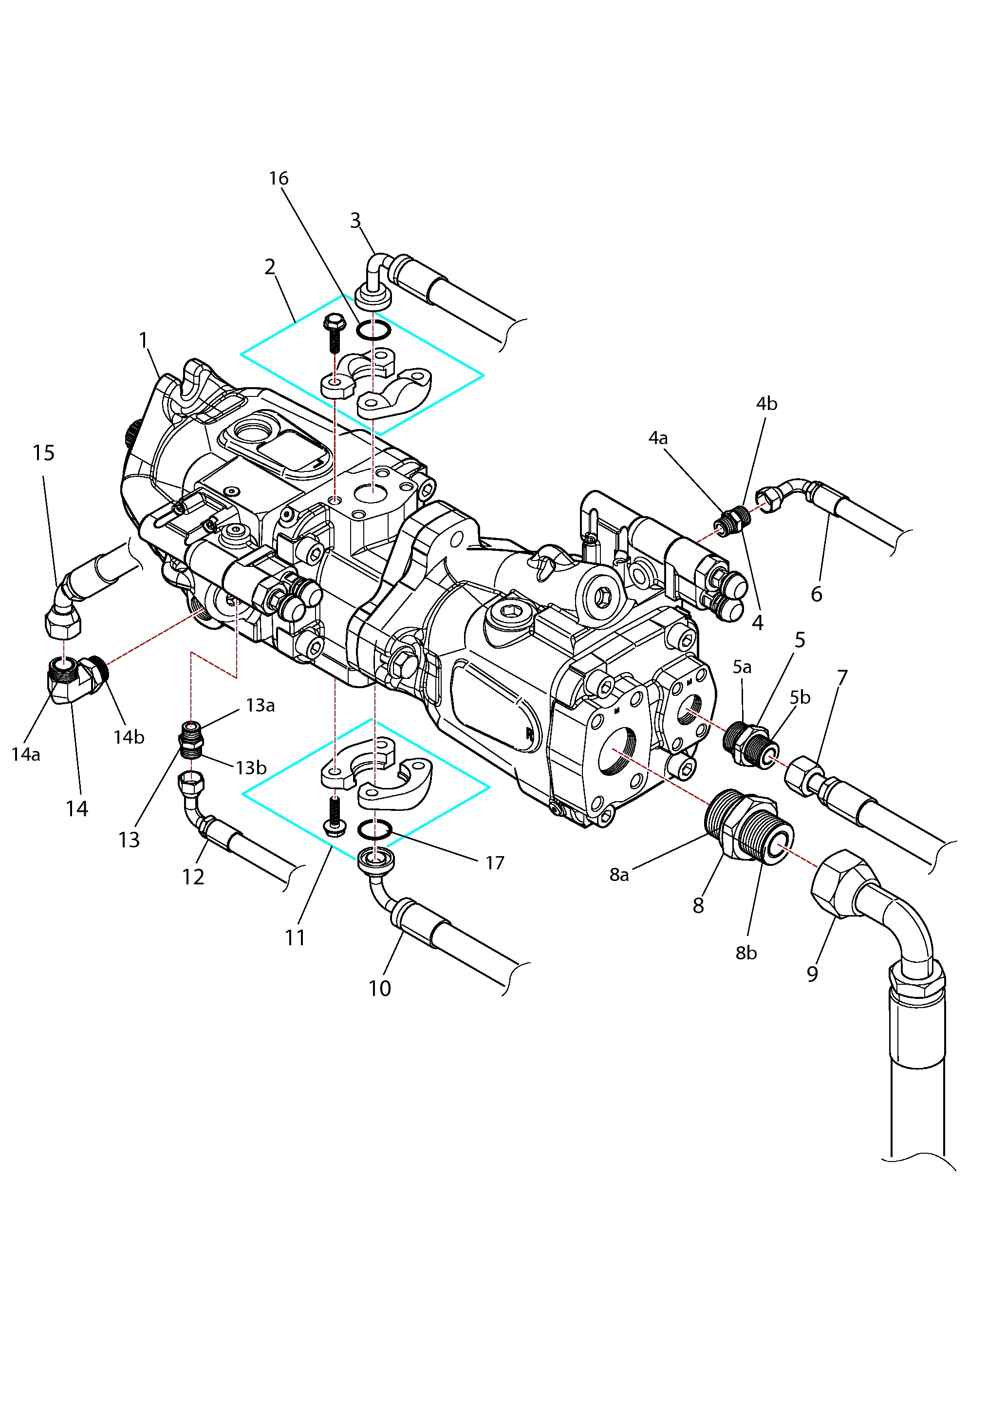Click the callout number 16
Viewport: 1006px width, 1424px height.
[x=279, y=179]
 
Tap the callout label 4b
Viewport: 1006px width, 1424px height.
[x=766, y=404]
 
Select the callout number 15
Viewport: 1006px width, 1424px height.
[x=43, y=453]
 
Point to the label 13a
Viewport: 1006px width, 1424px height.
[x=261, y=705]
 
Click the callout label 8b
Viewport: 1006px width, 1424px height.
[x=746, y=953]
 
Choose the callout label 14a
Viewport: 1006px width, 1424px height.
[x=26, y=754]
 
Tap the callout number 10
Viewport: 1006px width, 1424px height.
[x=380, y=989]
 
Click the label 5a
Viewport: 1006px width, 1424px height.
[x=742, y=667]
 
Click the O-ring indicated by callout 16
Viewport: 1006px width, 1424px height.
[x=373, y=331]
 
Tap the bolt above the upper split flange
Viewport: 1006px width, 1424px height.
[x=334, y=333]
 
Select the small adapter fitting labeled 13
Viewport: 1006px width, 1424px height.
[x=191, y=739]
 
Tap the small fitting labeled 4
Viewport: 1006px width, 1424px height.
[x=732, y=520]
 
